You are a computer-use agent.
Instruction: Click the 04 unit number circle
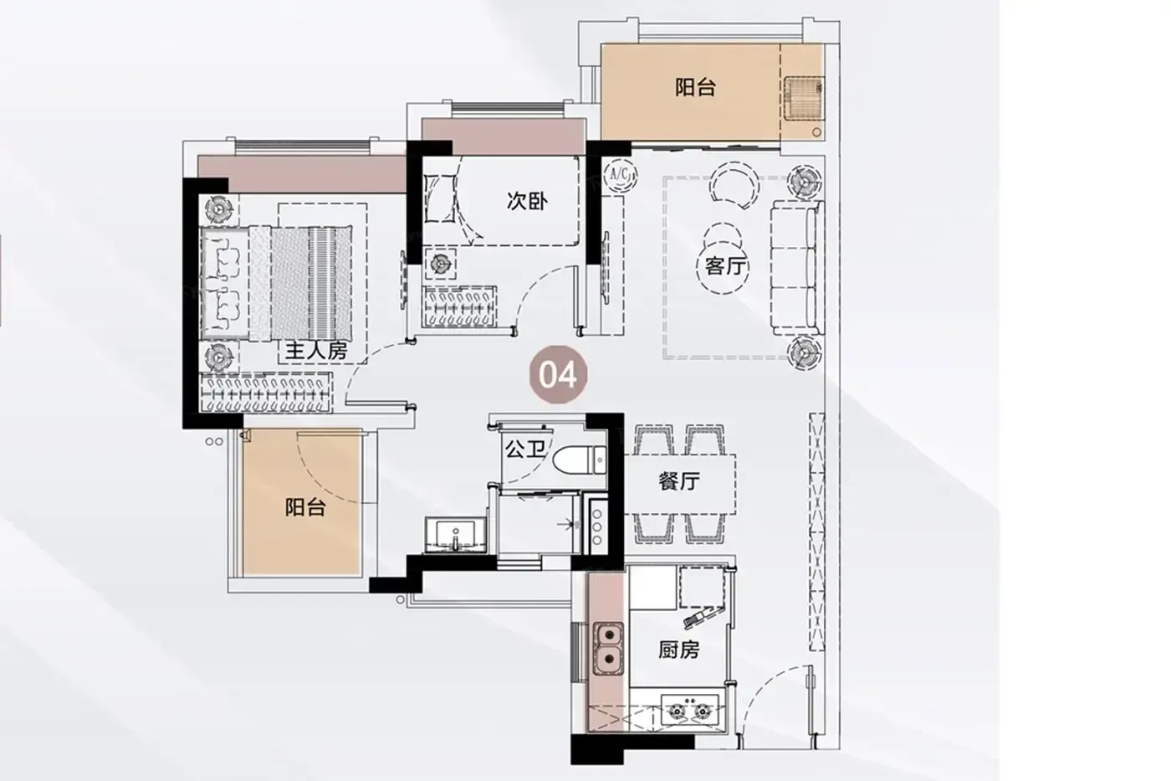pos(559,374)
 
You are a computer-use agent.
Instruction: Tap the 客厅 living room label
pos(724,267)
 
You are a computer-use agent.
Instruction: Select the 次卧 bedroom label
pos(527,201)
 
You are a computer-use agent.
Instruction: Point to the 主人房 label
pos(316,351)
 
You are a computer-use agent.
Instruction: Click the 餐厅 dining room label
pos(679,480)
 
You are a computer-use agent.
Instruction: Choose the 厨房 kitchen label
pos(678,650)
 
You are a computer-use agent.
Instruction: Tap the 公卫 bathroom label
pos(525,449)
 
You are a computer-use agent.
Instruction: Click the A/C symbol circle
pos(620,175)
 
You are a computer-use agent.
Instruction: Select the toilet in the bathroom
pos(579,460)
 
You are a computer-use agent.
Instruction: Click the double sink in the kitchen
pos(607,649)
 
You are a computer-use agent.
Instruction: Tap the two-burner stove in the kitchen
pos(690,709)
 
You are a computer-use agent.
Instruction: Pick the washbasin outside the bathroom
pos(456,535)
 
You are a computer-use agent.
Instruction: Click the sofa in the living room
pos(796,268)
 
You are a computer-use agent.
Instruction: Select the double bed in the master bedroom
pos(276,284)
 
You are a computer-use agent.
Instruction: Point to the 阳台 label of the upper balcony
pos(695,87)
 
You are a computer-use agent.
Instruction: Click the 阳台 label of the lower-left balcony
pos(305,507)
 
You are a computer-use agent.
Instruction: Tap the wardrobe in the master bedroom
pos(266,393)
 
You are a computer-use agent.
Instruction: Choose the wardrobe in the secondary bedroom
pos(459,307)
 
